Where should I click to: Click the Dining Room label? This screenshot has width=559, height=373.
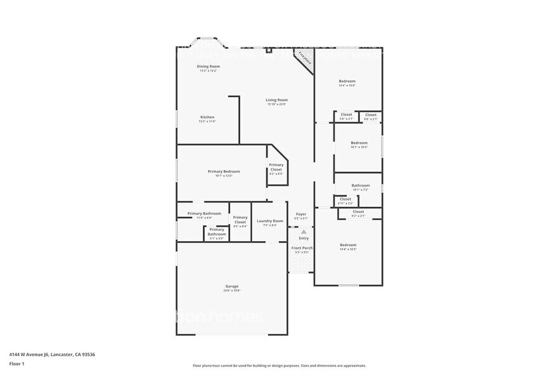tap(208, 67)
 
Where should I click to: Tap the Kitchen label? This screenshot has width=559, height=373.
tap(207, 117)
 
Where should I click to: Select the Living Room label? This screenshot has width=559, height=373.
tap(276, 100)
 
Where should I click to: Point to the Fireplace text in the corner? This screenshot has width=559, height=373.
tap(305, 59)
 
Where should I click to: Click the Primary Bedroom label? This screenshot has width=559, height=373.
tap(224, 171)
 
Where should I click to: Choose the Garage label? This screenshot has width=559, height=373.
tap(232, 286)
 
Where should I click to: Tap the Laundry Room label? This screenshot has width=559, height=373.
tap(270, 221)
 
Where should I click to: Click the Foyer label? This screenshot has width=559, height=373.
tap(302, 214)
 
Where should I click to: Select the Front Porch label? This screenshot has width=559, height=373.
tap(302, 248)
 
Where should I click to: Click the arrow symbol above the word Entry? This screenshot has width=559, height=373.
tap(303, 232)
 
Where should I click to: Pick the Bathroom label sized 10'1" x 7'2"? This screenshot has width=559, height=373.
tap(360, 186)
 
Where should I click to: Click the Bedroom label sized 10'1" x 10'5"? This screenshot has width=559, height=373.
tap(359, 143)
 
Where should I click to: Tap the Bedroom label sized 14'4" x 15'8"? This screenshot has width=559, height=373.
tap(347, 81)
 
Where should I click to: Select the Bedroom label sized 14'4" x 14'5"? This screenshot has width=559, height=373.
tap(348, 245)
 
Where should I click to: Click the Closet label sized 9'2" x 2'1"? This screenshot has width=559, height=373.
tap(358, 212)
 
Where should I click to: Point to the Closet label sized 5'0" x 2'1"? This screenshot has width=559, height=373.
tap(346, 115)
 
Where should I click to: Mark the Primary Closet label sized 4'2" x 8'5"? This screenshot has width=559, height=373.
tap(276, 168)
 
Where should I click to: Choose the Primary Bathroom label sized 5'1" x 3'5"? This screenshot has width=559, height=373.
tap(217, 232)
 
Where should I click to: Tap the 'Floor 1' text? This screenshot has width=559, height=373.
tap(16, 363)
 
